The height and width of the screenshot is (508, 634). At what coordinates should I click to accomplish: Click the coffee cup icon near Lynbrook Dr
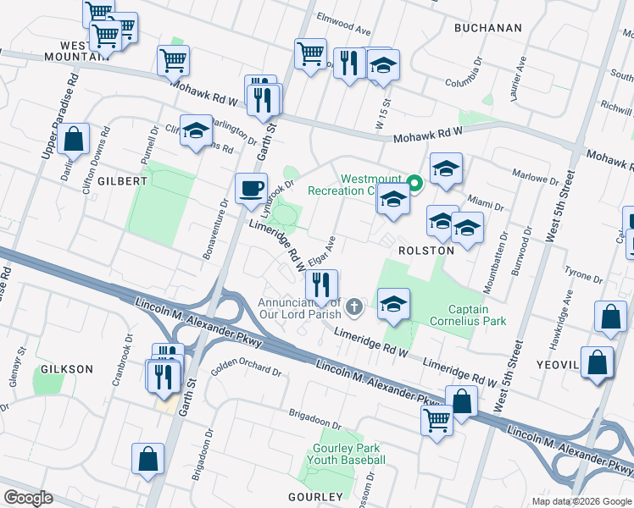coord(250,188)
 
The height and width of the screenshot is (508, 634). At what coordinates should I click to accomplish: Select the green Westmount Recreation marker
coord(414,182)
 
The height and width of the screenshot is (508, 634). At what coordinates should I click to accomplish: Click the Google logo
coord(28,498)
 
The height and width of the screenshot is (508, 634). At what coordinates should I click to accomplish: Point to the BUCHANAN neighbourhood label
coord(487,28)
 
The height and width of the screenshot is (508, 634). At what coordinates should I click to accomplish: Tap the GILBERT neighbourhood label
coord(122,181)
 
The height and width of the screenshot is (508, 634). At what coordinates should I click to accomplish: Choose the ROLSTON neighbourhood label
coord(426,251)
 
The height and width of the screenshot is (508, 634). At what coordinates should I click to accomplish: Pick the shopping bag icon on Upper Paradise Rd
coord(75,139)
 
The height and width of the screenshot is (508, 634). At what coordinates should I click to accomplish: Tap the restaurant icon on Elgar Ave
coord(321,284)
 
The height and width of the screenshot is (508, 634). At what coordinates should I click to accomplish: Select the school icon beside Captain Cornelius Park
coord(393,303)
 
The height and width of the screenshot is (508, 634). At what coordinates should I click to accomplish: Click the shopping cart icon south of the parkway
coord(437,418)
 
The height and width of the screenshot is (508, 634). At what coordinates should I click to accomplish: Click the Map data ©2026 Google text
coord(581,501)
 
